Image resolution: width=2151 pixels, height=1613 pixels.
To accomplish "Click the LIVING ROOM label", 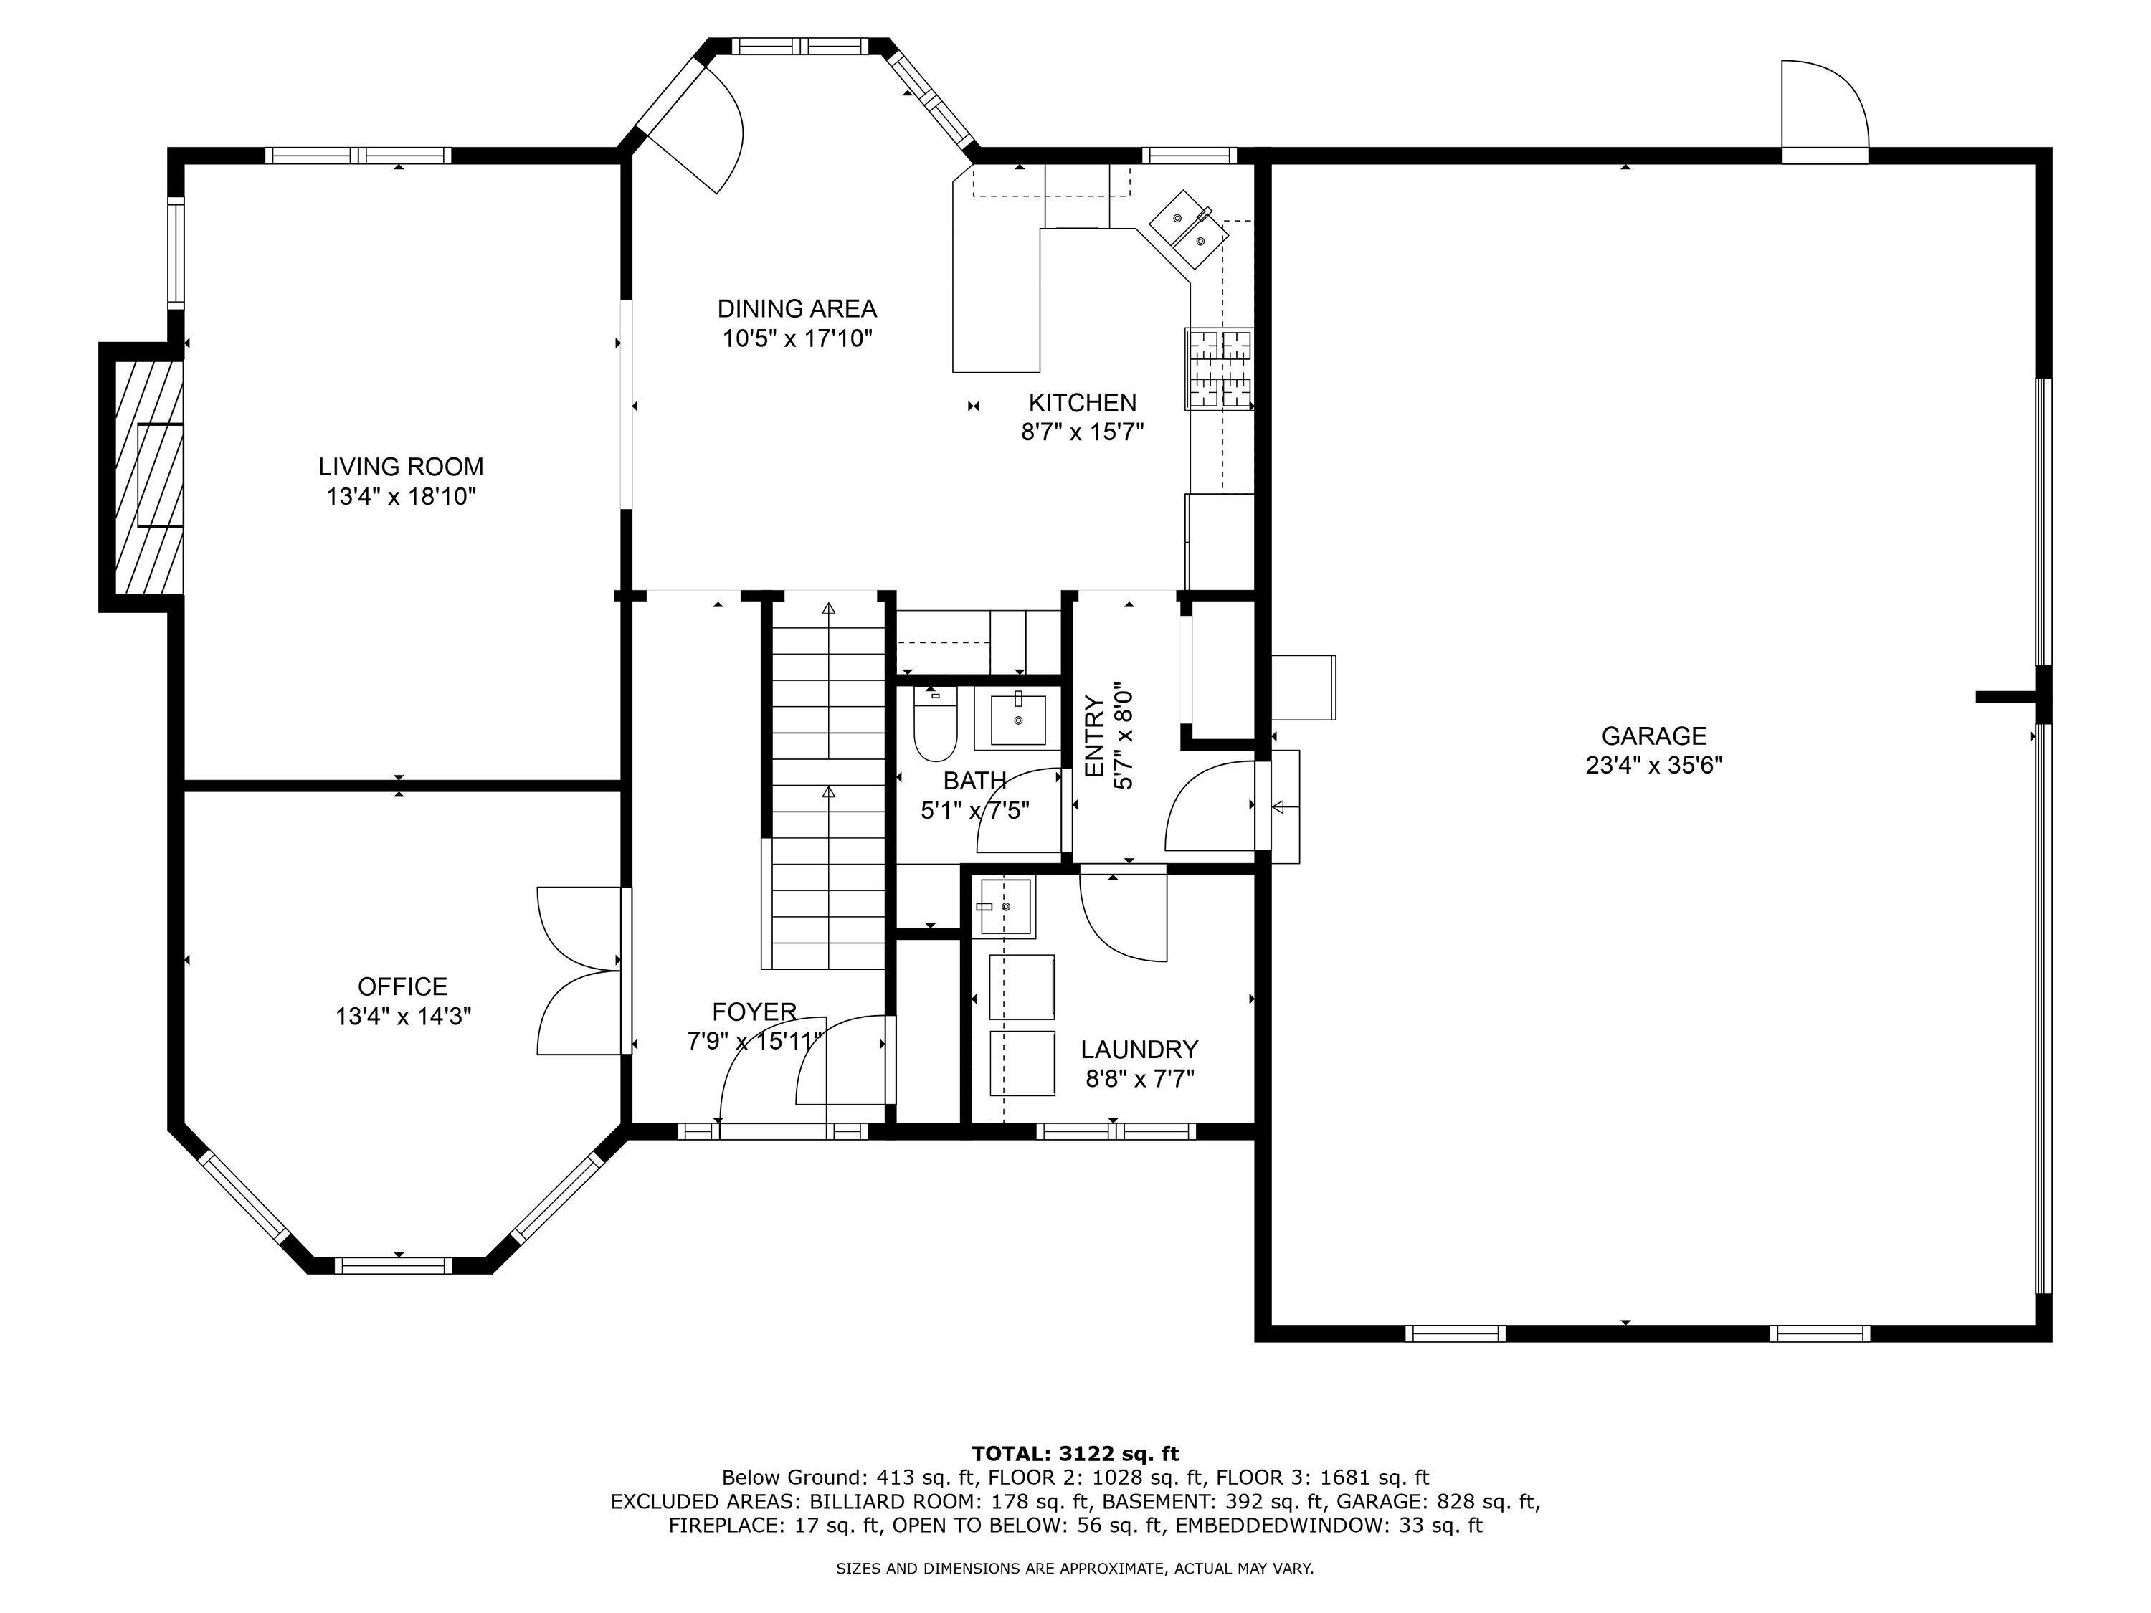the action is tap(401, 467).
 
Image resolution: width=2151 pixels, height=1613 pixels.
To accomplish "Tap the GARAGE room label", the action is tap(1654, 736).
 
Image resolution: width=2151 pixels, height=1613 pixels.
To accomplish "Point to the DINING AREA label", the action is tap(797, 308).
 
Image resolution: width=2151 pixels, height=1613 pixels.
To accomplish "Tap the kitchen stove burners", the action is tap(1218, 368).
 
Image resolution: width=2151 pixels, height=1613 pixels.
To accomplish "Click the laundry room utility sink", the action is tap(1005, 906).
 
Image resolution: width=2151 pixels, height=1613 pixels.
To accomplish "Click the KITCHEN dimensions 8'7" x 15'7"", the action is tap(1082, 432).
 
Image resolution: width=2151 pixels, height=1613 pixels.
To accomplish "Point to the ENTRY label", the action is tap(1093, 736).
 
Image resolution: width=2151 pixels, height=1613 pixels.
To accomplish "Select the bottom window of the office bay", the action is tap(394, 1265).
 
